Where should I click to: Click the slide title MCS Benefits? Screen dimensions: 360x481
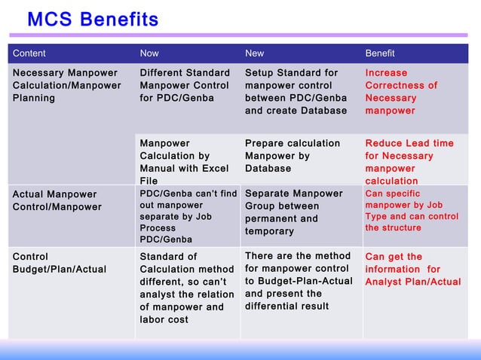(x=93, y=19)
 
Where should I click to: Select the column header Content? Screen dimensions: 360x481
(x=29, y=53)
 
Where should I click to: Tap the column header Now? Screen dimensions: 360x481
(x=149, y=53)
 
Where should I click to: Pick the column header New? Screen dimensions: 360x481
(x=255, y=53)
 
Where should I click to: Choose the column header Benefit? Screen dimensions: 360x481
(x=380, y=53)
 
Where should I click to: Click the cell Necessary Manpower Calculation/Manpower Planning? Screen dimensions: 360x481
(x=66, y=85)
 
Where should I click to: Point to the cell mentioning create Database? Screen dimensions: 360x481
(x=296, y=92)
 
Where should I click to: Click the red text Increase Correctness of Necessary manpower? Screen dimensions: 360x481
(x=401, y=92)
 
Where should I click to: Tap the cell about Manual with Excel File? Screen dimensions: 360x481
(x=184, y=162)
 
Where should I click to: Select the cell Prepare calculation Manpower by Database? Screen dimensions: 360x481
(x=293, y=155)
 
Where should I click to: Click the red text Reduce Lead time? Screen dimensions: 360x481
(x=409, y=143)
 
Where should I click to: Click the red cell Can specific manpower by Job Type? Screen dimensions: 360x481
(x=412, y=210)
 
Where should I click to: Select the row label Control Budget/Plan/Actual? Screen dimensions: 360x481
(x=60, y=263)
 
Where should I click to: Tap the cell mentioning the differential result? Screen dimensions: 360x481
(x=297, y=281)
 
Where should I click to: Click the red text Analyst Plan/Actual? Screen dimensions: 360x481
(x=413, y=282)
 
